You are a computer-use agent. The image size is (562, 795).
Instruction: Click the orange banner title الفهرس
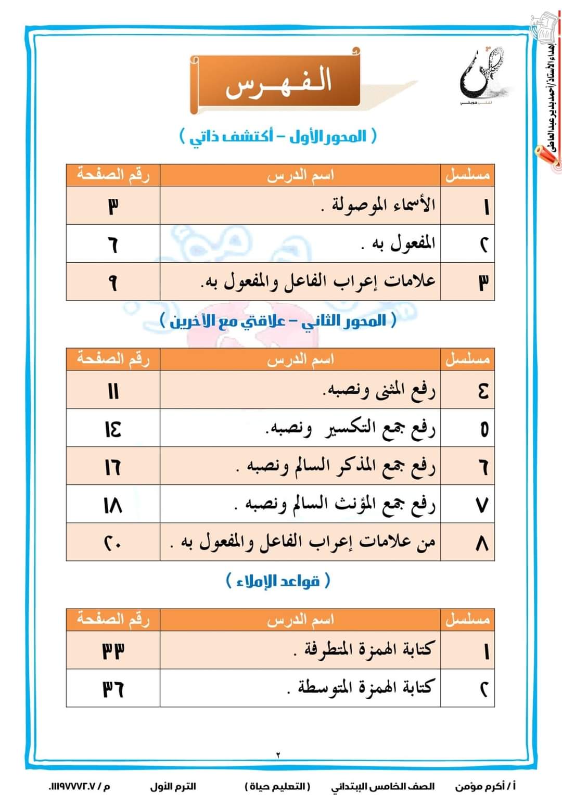[278, 83]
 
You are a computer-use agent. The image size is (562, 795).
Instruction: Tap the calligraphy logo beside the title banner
[482, 76]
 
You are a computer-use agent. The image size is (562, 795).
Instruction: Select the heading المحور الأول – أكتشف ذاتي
[278, 137]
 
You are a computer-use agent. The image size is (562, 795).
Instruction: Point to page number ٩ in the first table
[113, 282]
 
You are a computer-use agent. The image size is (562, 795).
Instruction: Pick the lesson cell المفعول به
[399, 243]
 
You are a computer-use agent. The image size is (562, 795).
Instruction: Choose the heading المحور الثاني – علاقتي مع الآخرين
[278, 320]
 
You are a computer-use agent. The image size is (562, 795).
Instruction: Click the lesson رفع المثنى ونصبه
[379, 390]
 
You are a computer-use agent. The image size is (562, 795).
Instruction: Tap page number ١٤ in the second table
[113, 429]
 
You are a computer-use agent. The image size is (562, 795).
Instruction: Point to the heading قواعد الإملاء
[278, 581]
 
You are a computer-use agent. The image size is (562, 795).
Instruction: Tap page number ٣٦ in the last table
[113, 688]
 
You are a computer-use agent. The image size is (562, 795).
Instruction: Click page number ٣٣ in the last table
[113, 650]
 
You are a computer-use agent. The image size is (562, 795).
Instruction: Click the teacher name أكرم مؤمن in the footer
[485, 786]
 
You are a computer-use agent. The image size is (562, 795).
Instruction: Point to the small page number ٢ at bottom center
[278, 754]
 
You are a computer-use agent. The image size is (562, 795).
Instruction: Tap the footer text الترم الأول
[173, 786]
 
